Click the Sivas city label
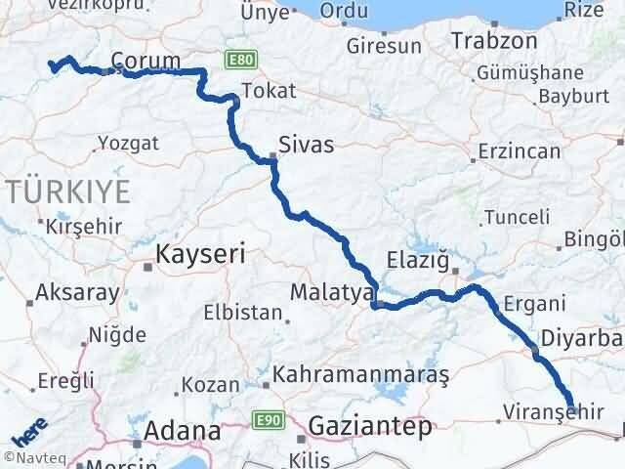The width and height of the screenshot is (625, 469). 306,145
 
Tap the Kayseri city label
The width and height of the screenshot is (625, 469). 198,255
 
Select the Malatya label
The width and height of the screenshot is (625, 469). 332,291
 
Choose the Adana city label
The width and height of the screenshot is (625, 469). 183,430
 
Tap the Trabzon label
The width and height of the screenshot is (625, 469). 494,41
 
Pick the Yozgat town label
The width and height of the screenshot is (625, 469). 128,144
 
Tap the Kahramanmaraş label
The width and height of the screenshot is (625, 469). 360,374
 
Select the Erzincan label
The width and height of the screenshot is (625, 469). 519,151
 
